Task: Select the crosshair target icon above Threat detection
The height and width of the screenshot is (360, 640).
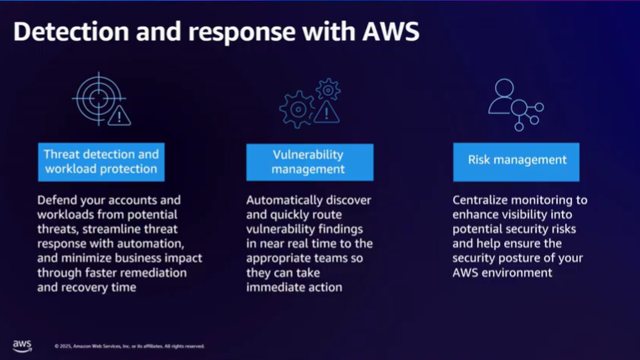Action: (x=101, y=101)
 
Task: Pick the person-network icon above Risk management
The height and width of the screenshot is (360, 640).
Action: (x=515, y=104)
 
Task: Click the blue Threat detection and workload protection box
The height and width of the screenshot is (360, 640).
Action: (x=101, y=162)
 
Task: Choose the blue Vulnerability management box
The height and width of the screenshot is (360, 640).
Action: (x=309, y=162)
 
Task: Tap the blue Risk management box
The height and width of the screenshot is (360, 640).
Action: (x=516, y=160)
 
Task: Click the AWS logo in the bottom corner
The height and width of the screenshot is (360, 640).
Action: (x=23, y=346)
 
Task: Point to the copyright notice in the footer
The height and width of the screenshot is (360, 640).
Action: (x=129, y=346)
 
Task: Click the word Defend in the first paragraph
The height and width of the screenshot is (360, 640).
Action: (x=59, y=201)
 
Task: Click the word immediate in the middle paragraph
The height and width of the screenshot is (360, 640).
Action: (x=278, y=286)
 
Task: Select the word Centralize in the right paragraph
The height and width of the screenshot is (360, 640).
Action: (x=482, y=201)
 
